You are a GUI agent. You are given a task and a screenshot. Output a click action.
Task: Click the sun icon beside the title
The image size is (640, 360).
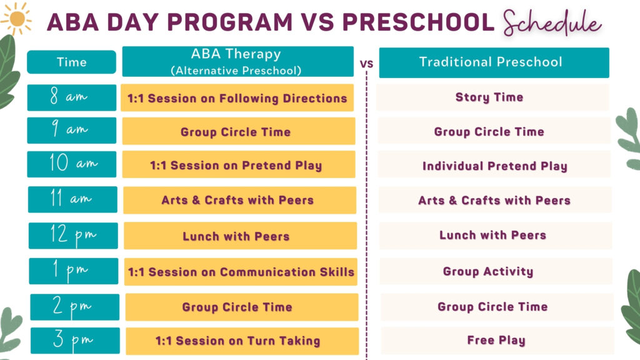click(16, 19)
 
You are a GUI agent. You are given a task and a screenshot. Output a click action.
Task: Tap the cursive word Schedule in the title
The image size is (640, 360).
click(552, 23)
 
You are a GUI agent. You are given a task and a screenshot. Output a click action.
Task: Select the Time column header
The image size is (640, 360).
click(71, 62)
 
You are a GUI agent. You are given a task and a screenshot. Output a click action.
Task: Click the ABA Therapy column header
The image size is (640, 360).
click(237, 62)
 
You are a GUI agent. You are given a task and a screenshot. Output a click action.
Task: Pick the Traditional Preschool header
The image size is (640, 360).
click(493, 62)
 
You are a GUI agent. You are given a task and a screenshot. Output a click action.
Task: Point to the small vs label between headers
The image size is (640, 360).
click(367, 63)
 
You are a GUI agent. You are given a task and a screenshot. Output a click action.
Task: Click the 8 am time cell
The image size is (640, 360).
click(71, 97)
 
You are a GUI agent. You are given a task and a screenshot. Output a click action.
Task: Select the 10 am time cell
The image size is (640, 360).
click(71, 164)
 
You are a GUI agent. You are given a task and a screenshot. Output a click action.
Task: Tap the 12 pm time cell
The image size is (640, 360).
click(72, 236)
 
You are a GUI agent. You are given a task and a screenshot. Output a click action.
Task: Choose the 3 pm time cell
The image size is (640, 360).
click(74, 341)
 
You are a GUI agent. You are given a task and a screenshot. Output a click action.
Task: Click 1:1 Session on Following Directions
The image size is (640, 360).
click(237, 98)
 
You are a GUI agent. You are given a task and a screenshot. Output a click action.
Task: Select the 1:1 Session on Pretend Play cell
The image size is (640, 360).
click(238, 166)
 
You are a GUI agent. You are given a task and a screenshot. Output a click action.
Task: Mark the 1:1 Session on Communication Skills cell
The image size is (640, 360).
click(241, 272)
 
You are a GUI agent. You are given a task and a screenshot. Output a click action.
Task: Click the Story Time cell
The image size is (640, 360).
click(492, 97)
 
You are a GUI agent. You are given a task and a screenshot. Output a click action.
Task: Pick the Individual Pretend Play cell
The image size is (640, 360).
click(494, 166)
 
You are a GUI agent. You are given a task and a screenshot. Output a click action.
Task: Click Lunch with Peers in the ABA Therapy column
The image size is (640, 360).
click(239, 236)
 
